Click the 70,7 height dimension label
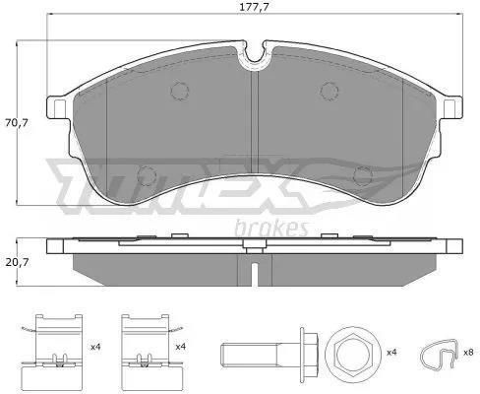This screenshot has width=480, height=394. (x=17, y=123)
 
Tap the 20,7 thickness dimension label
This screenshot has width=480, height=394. (x=17, y=262)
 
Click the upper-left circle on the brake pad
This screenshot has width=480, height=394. (x=180, y=91)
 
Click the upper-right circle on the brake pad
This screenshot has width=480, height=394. (x=330, y=91)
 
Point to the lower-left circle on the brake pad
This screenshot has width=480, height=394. (x=147, y=175)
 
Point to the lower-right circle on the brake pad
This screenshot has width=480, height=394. (x=363, y=175)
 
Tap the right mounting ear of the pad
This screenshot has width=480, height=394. (x=450, y=107)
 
